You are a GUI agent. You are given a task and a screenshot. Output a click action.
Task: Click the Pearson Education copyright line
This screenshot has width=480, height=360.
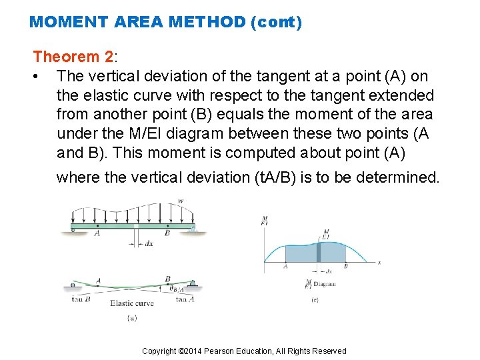(x=244, y=351)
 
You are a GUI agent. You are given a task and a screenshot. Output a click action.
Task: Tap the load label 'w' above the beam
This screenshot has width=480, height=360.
(x=181, y=200)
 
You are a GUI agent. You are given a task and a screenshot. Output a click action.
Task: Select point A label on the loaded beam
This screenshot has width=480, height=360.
(x=97, y=234)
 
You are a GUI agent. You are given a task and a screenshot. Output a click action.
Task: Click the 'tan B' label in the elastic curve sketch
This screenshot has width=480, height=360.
(x=81, y=299)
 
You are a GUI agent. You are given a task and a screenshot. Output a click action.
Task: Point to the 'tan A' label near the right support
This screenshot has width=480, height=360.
(x=185, y=299)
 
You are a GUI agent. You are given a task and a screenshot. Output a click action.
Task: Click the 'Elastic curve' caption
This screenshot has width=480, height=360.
(x=131, y=303)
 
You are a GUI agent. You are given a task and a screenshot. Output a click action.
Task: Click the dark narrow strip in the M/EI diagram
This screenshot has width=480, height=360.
(x=318, y=251)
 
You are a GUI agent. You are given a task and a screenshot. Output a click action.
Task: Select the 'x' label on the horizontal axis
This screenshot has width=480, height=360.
(x=379, y=262)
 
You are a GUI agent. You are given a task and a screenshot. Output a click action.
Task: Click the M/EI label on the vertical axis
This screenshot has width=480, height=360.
(x=265, y=221)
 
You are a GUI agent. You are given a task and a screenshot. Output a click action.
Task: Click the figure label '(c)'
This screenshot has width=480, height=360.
(x=315, y=299)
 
